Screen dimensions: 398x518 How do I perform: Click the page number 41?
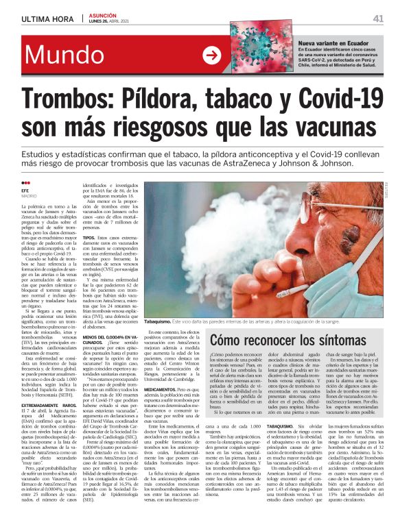(378, 18)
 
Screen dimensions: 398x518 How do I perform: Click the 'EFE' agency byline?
(25, 190)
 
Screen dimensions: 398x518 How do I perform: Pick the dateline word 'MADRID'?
(29, 197)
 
